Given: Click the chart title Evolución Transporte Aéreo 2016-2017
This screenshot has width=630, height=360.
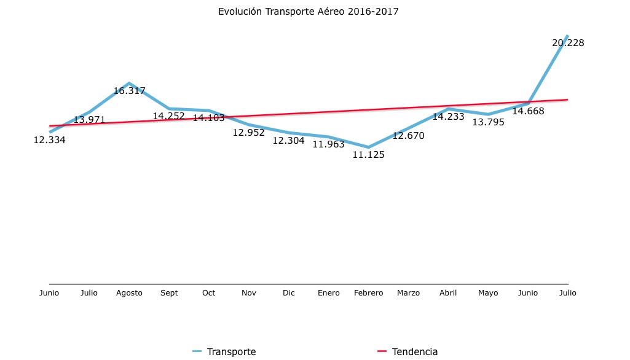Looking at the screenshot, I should click(x=312, y=12).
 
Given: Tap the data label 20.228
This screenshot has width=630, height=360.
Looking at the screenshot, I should click(x=568, y=43).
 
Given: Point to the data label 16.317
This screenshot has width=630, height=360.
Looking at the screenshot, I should click(x=129, y=91).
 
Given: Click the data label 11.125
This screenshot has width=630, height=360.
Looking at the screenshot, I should click(x=368, y=155).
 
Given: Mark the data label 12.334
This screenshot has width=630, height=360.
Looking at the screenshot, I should click(x=49, y=140).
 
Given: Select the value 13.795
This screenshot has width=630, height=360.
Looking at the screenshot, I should click(x=488, y=122).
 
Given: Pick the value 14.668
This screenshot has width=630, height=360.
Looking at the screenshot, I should click(x=528, y=111).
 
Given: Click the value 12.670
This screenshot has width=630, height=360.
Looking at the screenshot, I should click(x=408, y=136).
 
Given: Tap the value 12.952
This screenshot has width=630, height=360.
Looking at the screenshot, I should click(x=248, y=133).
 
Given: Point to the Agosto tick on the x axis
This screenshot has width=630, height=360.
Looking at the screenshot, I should click(x=129, y=293).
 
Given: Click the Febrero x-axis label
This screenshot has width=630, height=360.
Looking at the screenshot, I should click(x=368, y=293).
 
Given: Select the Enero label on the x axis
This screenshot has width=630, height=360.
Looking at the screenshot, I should click(x=329, y=293).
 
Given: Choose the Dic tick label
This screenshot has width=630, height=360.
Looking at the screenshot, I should click(x=289, y=293).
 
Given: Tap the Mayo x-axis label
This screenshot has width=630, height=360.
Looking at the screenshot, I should click(x=488, y=293).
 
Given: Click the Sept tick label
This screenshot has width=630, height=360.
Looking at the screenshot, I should click(x=169, y=293).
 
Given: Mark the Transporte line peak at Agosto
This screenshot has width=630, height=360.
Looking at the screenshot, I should click(x=129, y=83).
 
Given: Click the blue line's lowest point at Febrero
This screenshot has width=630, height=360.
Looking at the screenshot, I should click(x=368, y=147).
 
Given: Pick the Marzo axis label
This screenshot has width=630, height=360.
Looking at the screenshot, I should click(x=408, y=293).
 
